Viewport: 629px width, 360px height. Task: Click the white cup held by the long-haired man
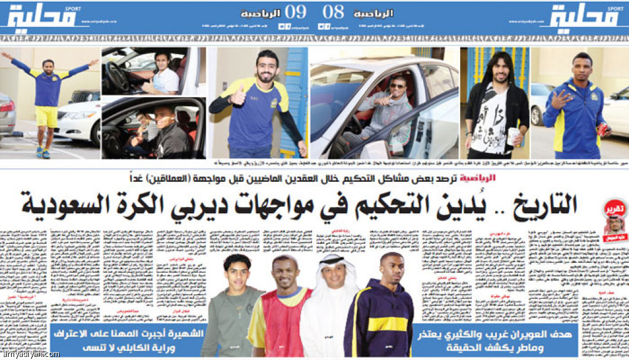tap(512, 136)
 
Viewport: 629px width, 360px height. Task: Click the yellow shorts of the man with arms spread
tap(46, 116)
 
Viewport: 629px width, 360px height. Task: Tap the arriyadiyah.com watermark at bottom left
tap(31, 354)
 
